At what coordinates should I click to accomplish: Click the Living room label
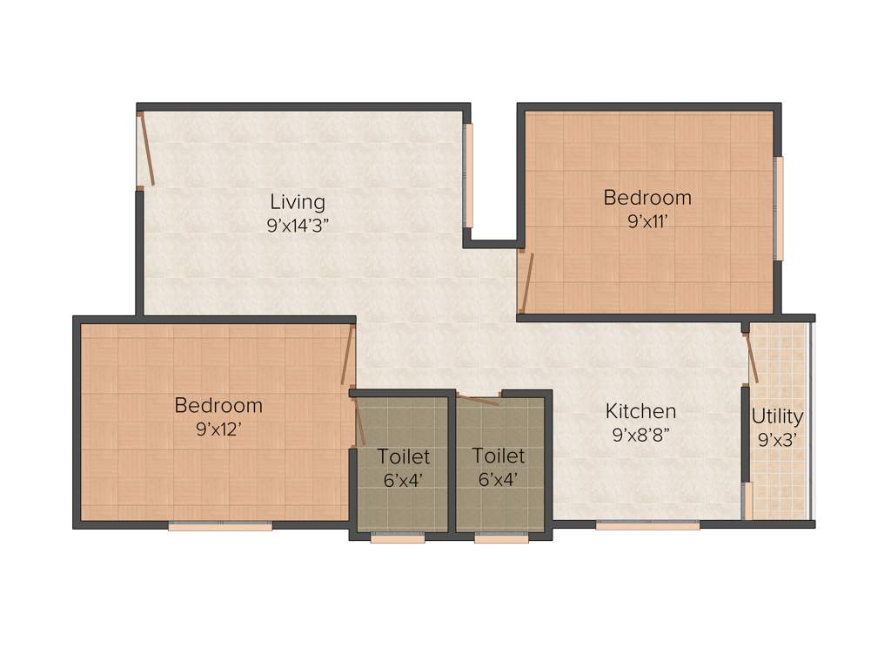(x=297, y=202)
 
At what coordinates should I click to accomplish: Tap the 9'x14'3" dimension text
(x=297, y=225)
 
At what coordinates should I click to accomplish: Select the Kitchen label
(x=640, y=411)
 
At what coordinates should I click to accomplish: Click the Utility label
(x=777, y=416)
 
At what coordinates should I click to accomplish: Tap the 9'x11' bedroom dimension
(x=647, y=220)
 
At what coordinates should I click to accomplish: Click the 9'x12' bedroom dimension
(x=218, y=428)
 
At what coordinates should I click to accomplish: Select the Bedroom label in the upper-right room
(x=647, y=198)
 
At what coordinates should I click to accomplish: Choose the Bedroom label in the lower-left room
(x=218, y=405)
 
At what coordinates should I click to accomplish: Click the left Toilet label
(x=403, y=456)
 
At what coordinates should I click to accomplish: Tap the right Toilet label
(x=499, y=456)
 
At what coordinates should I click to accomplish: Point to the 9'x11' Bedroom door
(x=525, y=280)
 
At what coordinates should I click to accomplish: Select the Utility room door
(x=752, y=356)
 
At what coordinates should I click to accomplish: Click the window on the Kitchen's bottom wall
(x=647, y=525)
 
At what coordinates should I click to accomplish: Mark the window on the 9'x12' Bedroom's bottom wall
(x=220, y=525)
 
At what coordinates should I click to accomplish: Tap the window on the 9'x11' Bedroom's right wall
(x=779, y=208)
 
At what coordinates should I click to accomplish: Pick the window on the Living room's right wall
(x=468, y=175)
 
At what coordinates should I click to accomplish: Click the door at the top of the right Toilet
(x=479, y=400)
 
